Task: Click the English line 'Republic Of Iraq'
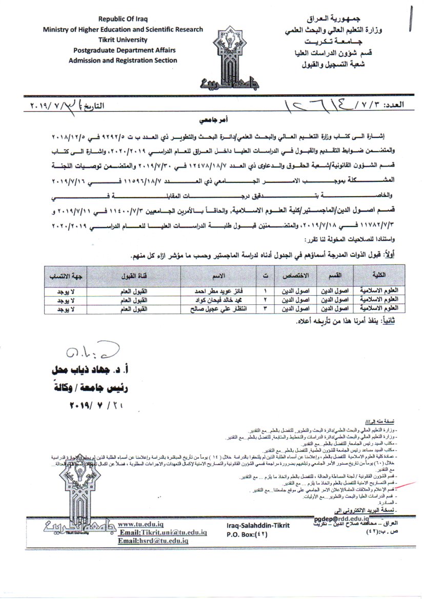[123, 19]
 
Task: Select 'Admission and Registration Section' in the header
[123, 60]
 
